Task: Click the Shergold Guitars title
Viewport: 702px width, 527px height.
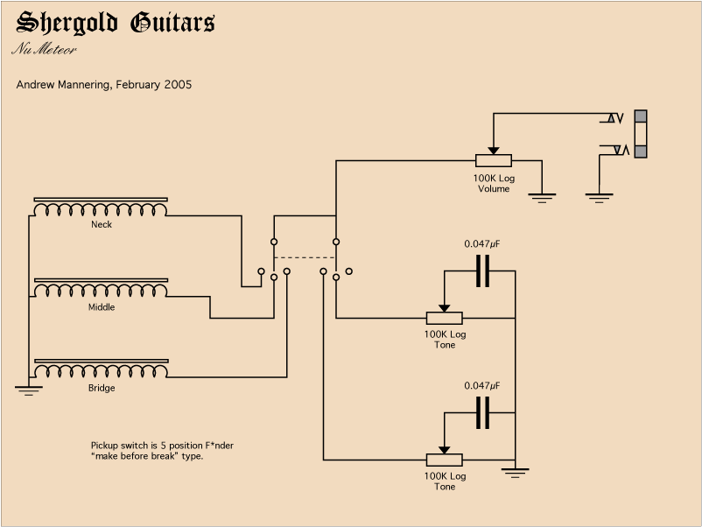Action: click(x=116, y=23)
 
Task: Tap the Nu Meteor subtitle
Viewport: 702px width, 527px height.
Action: click(x=44, y=49)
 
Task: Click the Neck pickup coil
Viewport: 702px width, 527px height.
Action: click(x=101, y=208)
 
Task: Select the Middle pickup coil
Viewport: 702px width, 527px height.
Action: click(x=101, y=290)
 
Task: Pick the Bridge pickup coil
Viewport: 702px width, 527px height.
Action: click(x=101, y=370)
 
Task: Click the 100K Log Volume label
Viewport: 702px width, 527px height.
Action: click(x=494, y=183)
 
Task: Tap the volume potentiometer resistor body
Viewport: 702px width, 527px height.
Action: click(x=494, y=161)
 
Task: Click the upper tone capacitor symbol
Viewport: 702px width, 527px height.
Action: click(x=482, y=271)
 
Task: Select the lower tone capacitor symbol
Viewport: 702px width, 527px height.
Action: click(x=482, y=413)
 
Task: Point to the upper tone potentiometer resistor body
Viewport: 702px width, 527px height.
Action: click(x=444, y=318)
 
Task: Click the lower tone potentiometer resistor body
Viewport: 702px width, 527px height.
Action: click(x=444, y=460)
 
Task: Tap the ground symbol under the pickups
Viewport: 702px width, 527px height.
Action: click(x=28, y=390)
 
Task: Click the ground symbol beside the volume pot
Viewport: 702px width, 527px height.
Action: click(x=542, y=198)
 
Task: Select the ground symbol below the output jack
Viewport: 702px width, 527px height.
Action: click(x=599, y=198)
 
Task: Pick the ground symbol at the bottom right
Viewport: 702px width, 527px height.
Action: click(x=516, y=474)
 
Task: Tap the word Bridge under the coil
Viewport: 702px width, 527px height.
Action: click(x=101, y=388)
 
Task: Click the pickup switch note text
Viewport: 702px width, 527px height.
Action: click(x=161, y=451)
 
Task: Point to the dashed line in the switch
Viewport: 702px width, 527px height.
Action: click(x=304, y=257)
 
